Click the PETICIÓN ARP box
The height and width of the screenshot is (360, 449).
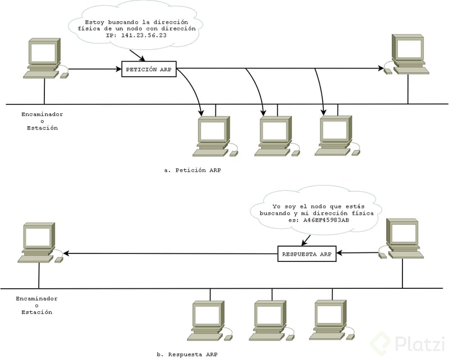coord(149,70)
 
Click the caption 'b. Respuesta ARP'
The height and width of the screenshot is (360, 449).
coord(187,354)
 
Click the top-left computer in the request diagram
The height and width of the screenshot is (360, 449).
coord(43,58)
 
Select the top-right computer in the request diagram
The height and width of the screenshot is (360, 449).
coord(408,54)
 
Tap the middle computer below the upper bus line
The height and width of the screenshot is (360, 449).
coord(275,136)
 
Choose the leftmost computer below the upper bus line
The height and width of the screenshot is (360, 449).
coord(213,136)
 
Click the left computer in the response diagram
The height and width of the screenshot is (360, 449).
coord(38,243)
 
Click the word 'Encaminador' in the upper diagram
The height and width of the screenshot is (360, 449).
coord(42,114)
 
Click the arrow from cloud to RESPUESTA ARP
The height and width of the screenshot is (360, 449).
coord(308,237)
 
